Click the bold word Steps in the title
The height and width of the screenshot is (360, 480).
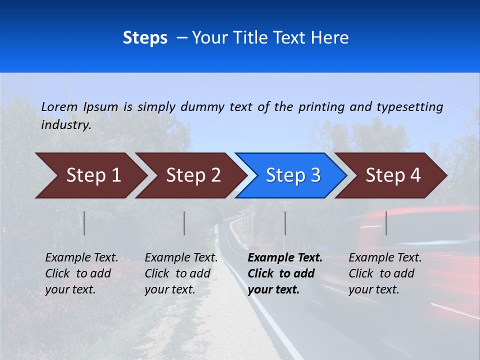[145, 38]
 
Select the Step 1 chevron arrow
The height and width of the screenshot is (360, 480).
[90, 175]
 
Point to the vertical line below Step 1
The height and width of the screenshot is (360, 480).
[84, 223]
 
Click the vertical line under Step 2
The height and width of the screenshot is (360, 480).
[184, 223]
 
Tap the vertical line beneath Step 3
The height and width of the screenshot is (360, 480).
[285, 223]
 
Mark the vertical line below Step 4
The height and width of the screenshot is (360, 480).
[386, 223]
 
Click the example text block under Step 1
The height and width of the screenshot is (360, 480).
[81, 273]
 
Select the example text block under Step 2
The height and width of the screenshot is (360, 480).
[181, 273]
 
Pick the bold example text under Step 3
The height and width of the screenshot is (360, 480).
[285, 273]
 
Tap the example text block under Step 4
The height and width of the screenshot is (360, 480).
[385, 273]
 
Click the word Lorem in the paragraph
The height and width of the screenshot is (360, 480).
[59, 106]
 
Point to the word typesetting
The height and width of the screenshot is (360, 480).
[409, 107]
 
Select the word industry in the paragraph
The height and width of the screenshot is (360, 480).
[66, 125]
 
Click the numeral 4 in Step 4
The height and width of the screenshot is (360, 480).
[415, 175]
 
